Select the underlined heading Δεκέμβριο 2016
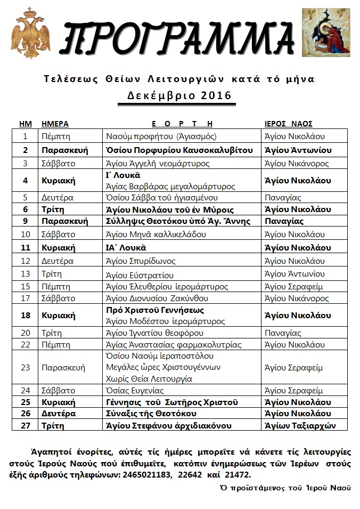coord(179,96)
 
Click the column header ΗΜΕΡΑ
coord(55,123)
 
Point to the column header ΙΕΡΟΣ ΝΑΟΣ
coord(289,123)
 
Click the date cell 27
coord(25,426)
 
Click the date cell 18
coord(25,316)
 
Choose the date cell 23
coord(25,367)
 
